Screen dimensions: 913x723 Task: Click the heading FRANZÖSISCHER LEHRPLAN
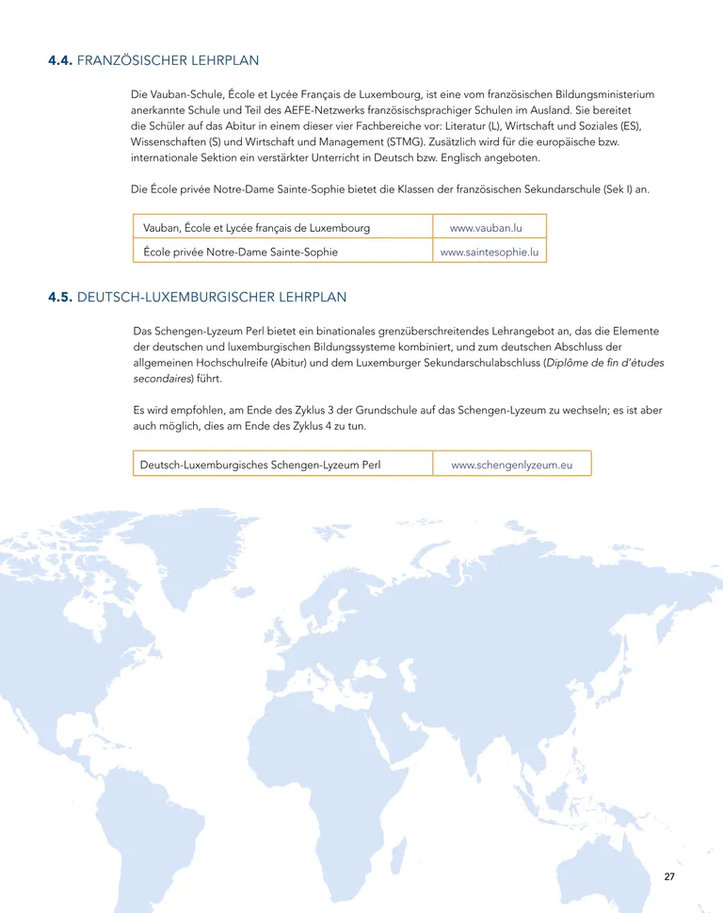tap(168, 61)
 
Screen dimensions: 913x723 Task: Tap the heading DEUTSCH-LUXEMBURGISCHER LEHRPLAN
tap(212, 297)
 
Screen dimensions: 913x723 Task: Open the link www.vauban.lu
tap(486, 228)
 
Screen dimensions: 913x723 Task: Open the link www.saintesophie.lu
tap(490, 252)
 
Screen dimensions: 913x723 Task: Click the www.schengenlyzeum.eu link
tap(511, 465)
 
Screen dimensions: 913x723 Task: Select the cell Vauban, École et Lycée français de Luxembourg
tap(256, 228)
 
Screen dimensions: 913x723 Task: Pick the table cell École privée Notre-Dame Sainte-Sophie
tap(240, 252)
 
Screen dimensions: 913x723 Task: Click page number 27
tap(669, 876)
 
